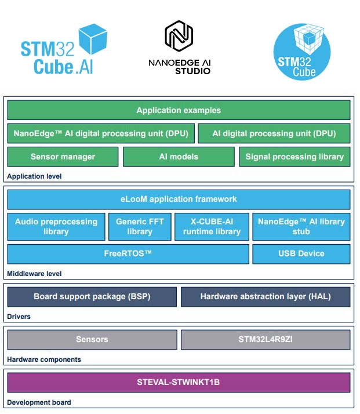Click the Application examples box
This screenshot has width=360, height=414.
pyautogui.click(x=179, y=110)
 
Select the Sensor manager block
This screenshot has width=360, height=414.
pyautogui.click(x=63, y=157)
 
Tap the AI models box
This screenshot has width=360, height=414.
pyautogui.click(x=179, y=157)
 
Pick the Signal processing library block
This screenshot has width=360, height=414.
pyautogui.click(x=295, y=157)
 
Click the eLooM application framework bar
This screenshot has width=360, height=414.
pyautogui.click(x=179, y=199)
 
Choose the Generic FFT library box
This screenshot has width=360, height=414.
pyautogui.click(x=140, y=227)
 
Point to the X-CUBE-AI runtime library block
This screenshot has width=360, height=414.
pyautogui.click(x=212, y=227)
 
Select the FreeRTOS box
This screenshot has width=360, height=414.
pyautogui.click(x=128, y=254)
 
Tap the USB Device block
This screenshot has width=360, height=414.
pyautogui.click(x=301, y=254)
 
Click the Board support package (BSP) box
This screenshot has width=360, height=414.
pyautogui.click(x=92, y=297)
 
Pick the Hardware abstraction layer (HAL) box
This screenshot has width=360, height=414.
pyautogui.click(x=266, y=297)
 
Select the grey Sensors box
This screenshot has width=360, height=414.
pyautogui.click(x=92, y=340)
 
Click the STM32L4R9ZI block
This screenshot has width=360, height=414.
pyautogui.click(x=266, y=340)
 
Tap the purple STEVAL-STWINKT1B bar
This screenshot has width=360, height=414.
pyautogui.click(x=179, y=383)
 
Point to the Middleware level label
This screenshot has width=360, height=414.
pyautogui.click(x=34, y=274)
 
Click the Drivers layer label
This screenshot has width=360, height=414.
pyautogui.click(x=19, y=317)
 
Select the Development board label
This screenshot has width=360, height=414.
pyautogui.click(x=39, y=402)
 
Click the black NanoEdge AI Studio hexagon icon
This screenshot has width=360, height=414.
pyautogui.click(x=179, y=36)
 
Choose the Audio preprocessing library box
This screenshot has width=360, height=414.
pyautogui.click(x=56, y=227)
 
